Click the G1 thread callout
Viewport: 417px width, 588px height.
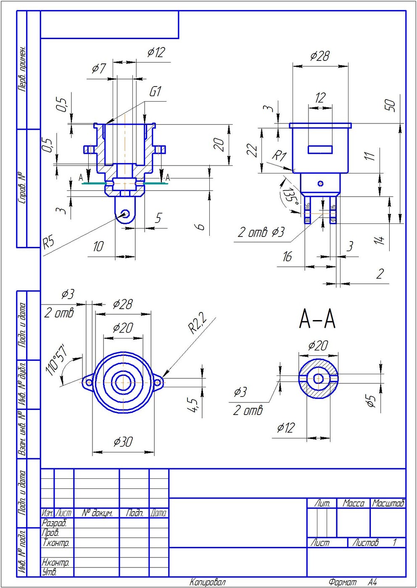pos(156,92)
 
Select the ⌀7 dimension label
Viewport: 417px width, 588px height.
pos(99,68)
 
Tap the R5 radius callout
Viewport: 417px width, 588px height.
pos(49,242)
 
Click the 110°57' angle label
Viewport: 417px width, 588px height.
pos(56,360)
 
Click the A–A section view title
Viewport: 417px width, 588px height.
pos(317,319)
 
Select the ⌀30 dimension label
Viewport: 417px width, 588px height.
pos(123,442)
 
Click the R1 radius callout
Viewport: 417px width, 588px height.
pos(279,156)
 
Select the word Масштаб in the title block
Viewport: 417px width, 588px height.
pos(388,503)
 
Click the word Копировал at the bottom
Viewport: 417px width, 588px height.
pos(208,582)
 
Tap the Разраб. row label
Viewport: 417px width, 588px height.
pos(54,523)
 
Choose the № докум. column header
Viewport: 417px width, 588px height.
pos(97,513)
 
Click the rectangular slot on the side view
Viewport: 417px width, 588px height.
pos(320,149)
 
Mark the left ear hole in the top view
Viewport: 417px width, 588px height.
pos(89,383)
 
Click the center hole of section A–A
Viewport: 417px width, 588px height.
pos(318,379)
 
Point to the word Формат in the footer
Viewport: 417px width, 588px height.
pos(342,582)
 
